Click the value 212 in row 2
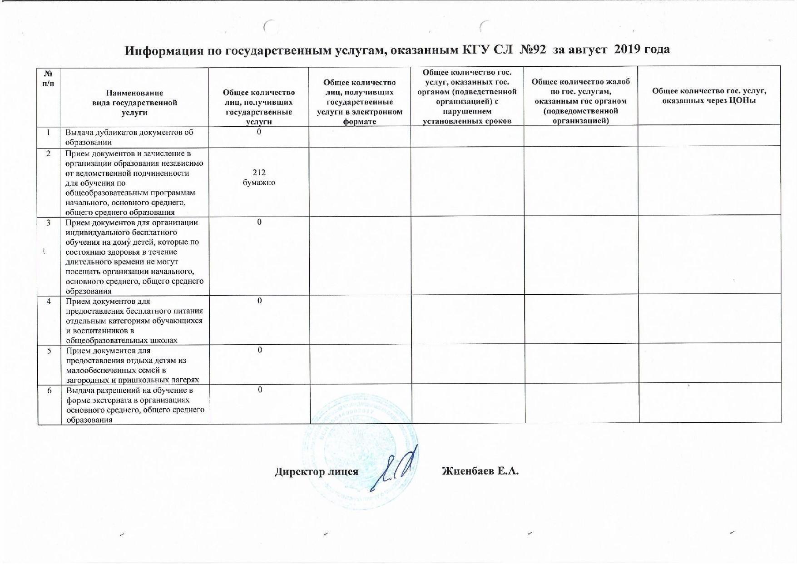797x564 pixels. coord(259,173)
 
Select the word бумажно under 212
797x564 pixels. coord(259,183)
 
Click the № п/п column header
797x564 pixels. coord(48,79)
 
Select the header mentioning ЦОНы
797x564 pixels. coord(709,95)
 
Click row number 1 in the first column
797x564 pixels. coord(48,132)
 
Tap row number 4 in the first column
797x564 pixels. coord(48,301)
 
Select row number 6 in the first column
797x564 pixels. coord(49,390)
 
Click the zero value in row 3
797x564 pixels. coord(259,222)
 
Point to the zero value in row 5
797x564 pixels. coord(260,350)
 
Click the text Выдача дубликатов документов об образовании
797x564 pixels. coord(129,137)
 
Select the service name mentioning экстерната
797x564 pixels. coord(135,405)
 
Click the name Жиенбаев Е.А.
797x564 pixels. coord(480,471)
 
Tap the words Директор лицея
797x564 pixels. coord(317,471)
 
